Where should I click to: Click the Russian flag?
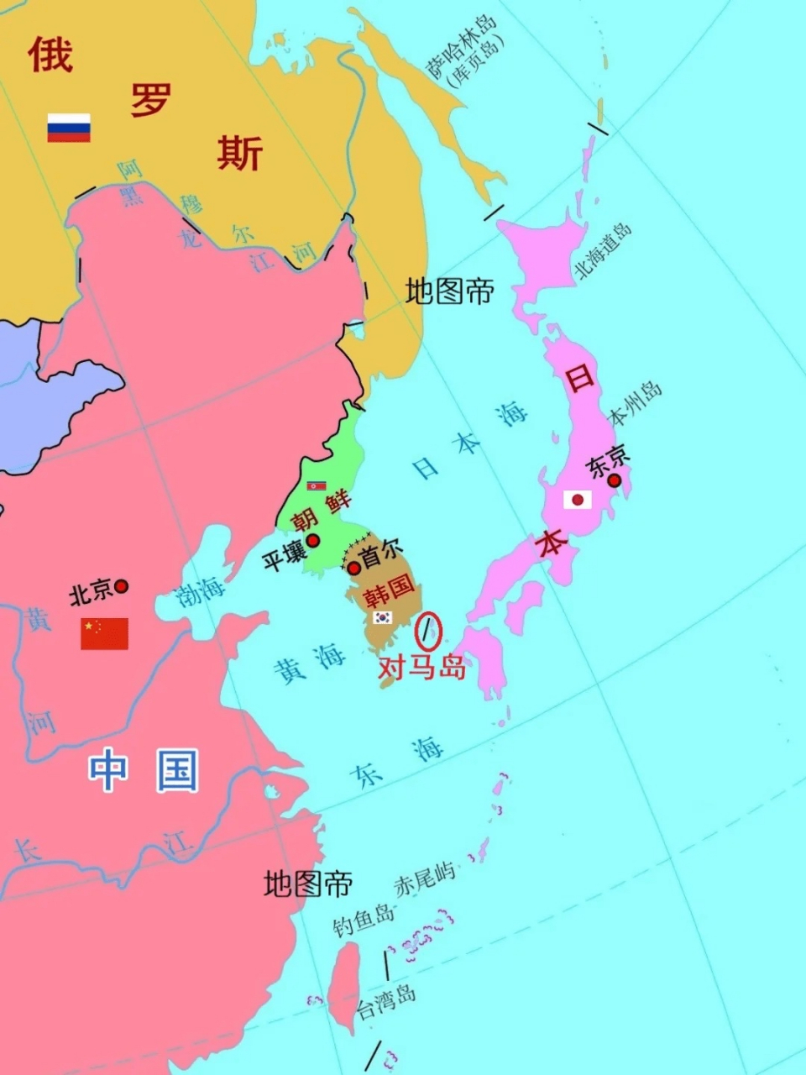coord(69,128)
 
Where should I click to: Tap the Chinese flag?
coord(104,634)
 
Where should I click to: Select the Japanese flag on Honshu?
coord(577,500)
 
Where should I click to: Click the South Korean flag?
coord(383,617)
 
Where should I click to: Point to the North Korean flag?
coord(317,485)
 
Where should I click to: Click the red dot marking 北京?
coord(122,586)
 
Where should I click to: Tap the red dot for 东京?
coord(615,480)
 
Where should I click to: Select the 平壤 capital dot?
coord(313,541)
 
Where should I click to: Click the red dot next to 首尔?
coord(354,568)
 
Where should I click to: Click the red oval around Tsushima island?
coord(429,631)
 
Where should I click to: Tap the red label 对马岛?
coord(421,668)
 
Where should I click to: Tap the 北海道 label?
coord(602,250)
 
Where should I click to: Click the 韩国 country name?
coord(388,591)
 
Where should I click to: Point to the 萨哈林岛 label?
coord(463,49)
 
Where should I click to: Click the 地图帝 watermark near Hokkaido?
coord(449,291)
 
